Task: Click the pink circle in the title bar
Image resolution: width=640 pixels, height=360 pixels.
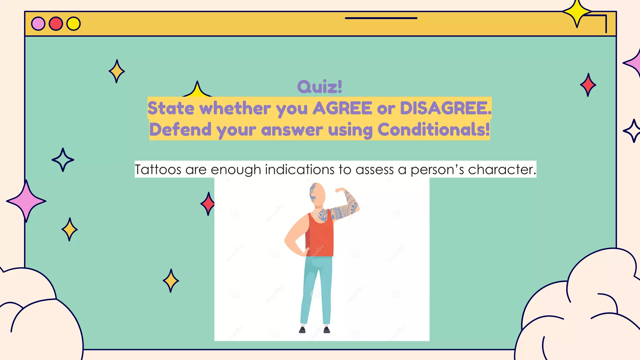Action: click(x=38, y=24)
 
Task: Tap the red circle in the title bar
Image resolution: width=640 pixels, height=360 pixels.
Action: click(x=56, y=24)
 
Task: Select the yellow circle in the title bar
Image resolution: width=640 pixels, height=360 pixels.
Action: click(x=74, y=24)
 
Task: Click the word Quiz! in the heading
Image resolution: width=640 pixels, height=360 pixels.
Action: click(x=319, y=87)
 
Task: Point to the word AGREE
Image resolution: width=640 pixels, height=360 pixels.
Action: click(x=342, y=108)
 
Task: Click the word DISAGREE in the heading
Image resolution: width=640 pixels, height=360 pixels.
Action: click(x=444, y=108)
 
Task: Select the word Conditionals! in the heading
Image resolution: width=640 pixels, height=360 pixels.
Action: click(x=433, y=129)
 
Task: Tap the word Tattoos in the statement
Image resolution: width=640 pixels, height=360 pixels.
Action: click(x=158, y=170)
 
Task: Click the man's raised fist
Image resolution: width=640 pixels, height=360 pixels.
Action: click(x=340, y=190)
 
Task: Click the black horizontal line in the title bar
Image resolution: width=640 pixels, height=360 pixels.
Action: click(x=381, y=18)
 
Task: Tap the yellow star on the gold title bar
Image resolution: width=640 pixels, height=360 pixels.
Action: click(x=577, y=12)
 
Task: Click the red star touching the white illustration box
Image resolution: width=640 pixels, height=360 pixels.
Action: click(x=208, y=204)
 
